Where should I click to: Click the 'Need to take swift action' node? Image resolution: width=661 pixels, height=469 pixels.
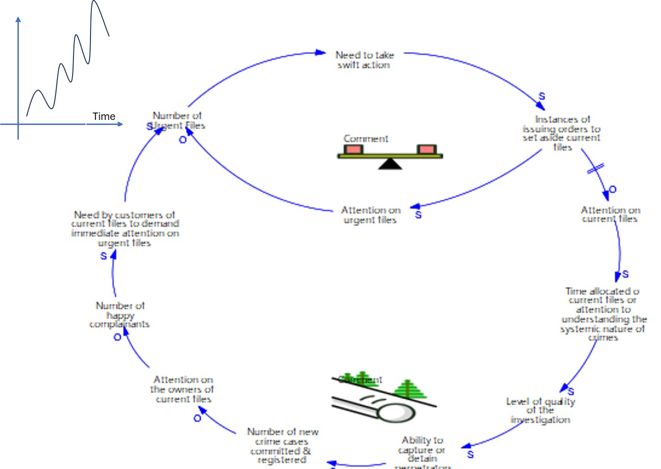tap(364, 60)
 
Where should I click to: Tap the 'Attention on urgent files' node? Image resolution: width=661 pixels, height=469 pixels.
tap(370, 215)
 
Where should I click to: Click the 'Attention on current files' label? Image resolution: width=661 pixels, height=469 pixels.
tap(610, 215)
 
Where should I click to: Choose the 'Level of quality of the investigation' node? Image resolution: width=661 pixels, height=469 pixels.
tap(540, 410)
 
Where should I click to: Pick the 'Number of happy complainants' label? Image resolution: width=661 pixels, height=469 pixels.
tap(119, 315)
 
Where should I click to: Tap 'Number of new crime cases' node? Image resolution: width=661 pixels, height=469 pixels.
tap(282, 446)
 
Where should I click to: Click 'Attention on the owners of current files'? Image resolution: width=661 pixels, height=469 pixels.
tap(182, 389)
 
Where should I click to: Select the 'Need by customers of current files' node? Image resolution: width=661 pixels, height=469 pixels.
tap(125, 228)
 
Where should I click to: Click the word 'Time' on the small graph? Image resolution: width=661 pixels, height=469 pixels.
tap(104, 116)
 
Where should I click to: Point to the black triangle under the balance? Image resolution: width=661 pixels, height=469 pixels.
tap(390, 164)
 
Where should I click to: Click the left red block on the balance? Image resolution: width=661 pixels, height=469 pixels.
tap(353, 149)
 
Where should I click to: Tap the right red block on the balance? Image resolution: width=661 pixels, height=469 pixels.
tap(426, 149)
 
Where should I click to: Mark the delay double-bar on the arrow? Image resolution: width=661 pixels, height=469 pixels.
tap(595, 169)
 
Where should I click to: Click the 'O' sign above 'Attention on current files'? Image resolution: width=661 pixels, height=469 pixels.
tap(612, 189)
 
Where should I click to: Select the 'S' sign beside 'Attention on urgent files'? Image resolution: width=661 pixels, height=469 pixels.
tap(418, 215)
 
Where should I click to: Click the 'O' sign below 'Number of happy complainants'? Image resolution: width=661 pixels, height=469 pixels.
tap(117, 337)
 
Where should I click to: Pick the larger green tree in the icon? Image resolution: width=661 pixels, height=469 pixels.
tap(408, 389)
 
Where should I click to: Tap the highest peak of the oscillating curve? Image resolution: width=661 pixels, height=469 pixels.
tap(95, 2)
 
